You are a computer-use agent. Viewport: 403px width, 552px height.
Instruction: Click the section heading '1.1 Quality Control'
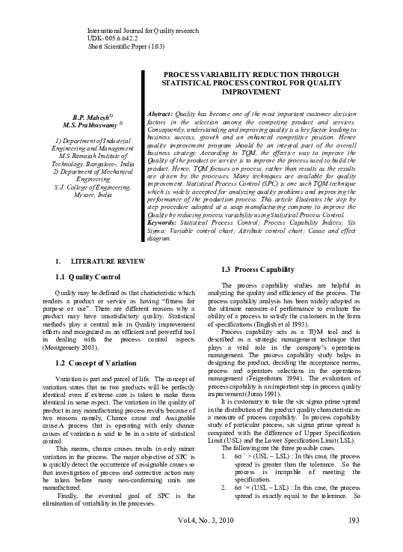click(x=87, y=276)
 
